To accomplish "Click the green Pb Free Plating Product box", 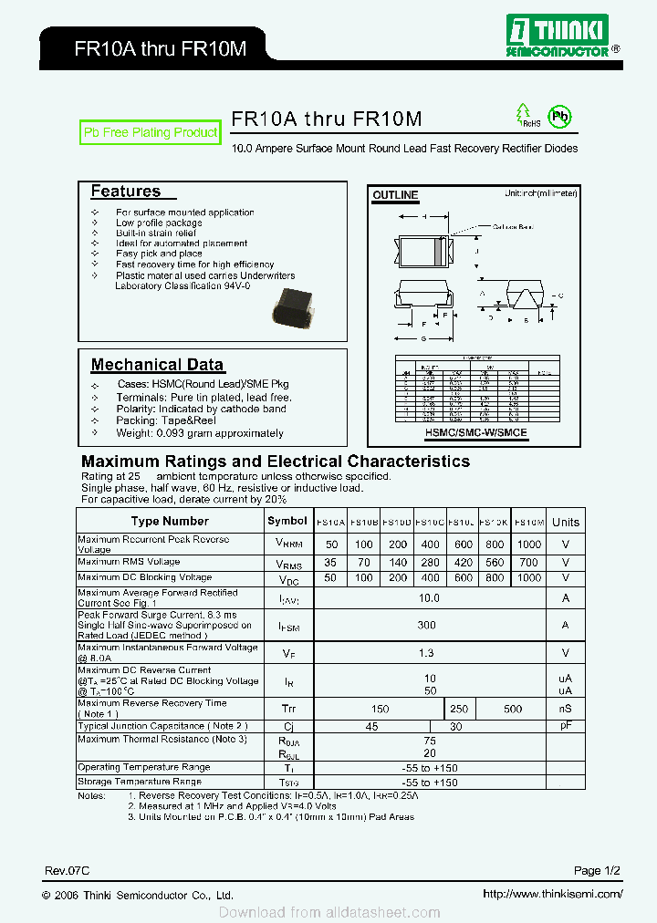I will point(151,132).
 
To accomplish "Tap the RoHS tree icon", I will point(527,116).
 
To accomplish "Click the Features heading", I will point(126,192).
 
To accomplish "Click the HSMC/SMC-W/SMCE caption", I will point(474,433).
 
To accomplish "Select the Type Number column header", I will point(170,522).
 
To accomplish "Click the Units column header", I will point(566,523).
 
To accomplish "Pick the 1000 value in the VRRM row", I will point(529,544).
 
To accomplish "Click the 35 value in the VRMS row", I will point(330,564).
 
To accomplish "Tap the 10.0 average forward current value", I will point(429,598).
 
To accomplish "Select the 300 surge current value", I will point(426,626).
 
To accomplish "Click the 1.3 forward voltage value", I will point(426,653).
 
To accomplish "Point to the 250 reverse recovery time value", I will point(459,709).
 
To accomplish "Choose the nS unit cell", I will point(566,709).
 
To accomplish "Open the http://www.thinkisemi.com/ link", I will point(551,895).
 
